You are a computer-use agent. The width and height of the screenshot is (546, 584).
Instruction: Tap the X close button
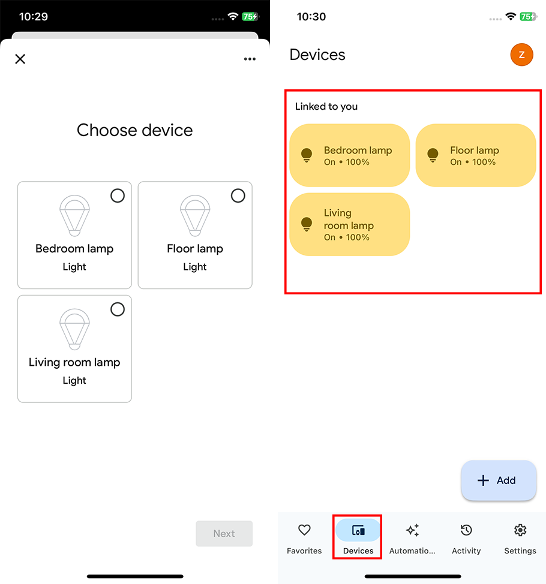point(20,59)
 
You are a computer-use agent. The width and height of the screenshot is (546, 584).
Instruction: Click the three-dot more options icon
point(250,59)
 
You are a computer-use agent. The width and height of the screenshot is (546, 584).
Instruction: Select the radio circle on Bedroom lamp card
point(118,195)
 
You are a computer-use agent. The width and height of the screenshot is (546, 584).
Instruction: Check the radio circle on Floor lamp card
point(238,195)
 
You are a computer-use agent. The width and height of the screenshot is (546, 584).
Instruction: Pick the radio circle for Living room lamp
point(118,309)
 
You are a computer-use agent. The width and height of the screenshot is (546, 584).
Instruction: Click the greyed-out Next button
point(224,534)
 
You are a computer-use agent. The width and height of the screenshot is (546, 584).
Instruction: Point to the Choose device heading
point(135,130)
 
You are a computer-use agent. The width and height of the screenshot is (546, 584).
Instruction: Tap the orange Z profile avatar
point(521,55)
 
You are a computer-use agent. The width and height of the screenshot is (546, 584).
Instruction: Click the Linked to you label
point(326,107)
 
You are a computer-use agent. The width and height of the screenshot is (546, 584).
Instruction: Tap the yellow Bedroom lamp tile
point(349,155)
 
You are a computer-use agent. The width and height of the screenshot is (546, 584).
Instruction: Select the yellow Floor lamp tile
point(475,155)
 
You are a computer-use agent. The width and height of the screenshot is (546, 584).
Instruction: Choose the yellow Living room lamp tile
point(349,224)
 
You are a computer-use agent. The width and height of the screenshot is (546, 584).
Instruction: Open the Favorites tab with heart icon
point(304,538)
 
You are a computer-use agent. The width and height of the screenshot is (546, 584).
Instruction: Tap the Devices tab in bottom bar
point(358,538)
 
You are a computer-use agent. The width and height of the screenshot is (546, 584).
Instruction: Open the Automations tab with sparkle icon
point(412,538)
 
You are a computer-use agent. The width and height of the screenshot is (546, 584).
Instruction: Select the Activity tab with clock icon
point(466,538)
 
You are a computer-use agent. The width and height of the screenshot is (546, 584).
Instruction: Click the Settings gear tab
point(520,538)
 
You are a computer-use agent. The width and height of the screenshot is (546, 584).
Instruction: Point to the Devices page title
point(317,55)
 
